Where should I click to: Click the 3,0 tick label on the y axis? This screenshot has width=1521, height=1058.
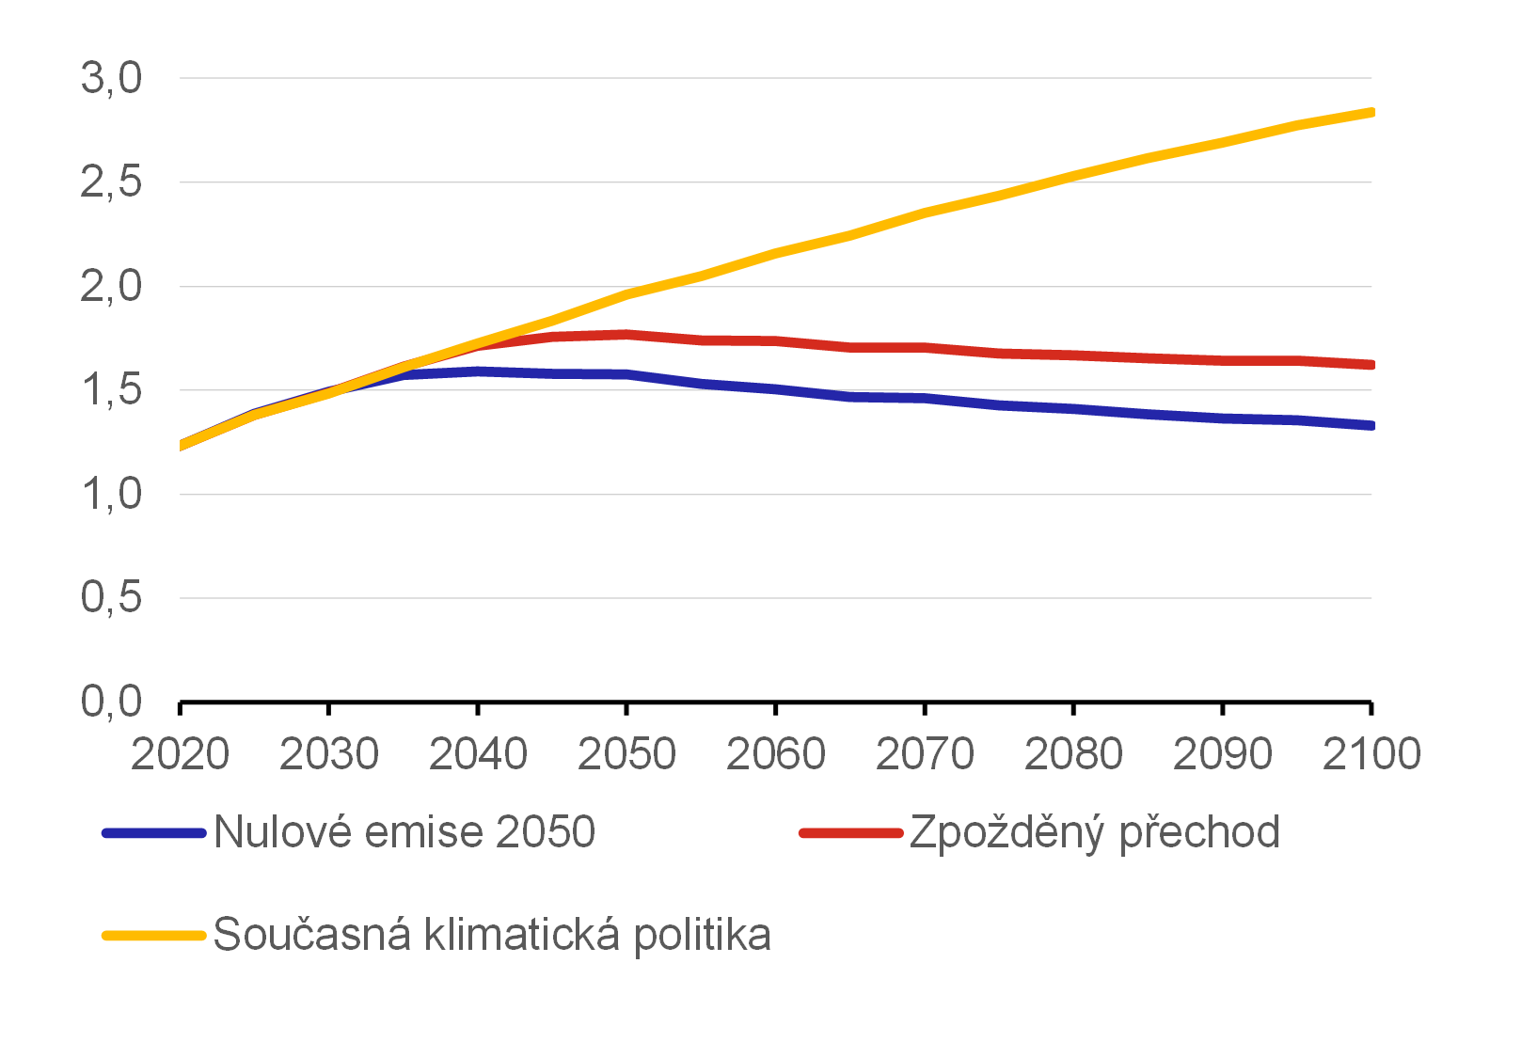click(111, 78)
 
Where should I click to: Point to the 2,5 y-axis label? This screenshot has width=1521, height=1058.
click(111, 182)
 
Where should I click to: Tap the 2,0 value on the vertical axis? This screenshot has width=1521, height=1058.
click(111, 287)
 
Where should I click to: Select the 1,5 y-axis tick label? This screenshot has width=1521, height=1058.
click(111, 390)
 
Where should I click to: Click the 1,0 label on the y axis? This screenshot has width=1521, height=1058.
click(111, 495)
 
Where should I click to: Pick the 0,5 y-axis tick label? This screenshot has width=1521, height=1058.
click(111, 598)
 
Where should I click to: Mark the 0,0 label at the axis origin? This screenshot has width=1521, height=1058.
click(111, 703)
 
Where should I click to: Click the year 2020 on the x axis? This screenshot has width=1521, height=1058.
click(180, 754)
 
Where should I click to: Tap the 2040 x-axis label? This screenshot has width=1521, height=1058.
click(478, 754)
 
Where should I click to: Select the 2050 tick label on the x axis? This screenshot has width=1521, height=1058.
click(626, 754)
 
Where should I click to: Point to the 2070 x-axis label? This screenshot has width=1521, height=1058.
click(925, 754)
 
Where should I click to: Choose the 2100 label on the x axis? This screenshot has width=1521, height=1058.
click(1371, 754)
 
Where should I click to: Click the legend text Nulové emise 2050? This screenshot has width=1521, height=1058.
click(404, 832)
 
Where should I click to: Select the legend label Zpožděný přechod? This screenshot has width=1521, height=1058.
click(1095, 832)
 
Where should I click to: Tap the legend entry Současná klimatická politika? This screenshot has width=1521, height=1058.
click(492, 935)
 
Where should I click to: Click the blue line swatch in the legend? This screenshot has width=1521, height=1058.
click(154, 833)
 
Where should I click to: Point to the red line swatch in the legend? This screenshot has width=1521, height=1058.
click(850, 833)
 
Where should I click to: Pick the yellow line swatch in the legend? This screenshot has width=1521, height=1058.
click(154, 936)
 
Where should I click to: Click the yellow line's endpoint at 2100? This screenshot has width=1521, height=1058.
click(1370, 113)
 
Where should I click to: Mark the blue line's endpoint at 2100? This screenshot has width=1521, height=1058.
click(1370, 426)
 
